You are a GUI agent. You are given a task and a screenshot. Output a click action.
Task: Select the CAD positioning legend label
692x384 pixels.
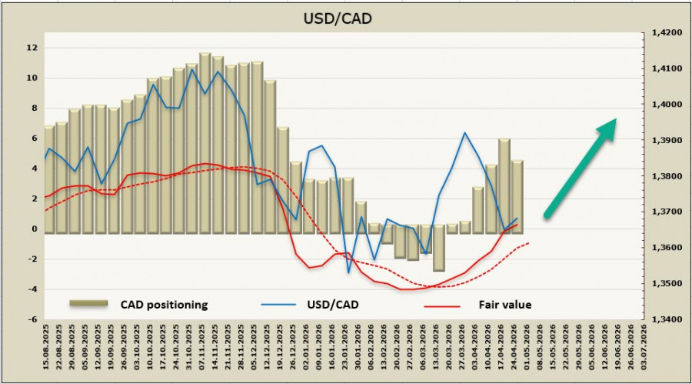(164, 305)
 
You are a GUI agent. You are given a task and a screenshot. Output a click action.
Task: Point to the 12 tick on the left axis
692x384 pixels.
(32, 48)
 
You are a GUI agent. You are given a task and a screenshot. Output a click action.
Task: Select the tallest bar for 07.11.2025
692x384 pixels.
(205, 142)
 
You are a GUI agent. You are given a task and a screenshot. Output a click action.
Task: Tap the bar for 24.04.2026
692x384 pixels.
(504, 185)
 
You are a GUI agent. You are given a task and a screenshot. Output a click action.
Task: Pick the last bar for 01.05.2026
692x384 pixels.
(517, 195)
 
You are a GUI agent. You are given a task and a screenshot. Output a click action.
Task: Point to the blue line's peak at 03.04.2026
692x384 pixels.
(465, 133)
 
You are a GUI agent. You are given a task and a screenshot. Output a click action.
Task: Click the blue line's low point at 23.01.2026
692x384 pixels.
(348, 272)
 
